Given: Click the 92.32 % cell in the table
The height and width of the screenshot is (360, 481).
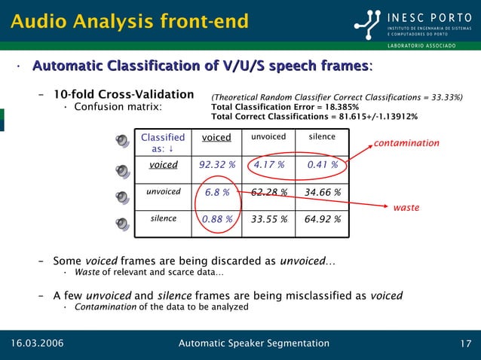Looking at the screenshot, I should click(217, 165).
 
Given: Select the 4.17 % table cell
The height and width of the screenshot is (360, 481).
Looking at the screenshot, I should click(268, 165).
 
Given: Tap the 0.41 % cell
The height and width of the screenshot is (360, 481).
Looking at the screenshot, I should click(323, 165).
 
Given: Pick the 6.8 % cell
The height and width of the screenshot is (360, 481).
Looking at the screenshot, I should click(217, 192).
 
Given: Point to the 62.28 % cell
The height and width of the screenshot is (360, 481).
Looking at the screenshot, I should click(268, 192).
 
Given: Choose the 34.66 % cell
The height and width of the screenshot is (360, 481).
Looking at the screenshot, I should click(323, 192).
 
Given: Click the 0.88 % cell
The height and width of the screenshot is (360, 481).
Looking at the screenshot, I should click(217, 220).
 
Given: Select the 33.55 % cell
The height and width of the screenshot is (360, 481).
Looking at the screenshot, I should click(268, 220).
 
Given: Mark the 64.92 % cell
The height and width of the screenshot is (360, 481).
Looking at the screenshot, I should click(323, 220).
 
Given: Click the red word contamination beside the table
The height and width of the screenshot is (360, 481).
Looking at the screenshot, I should click(407, 143).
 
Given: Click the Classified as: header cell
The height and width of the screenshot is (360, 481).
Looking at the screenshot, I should click(163, 143).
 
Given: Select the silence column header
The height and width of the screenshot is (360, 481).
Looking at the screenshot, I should click(323, 137).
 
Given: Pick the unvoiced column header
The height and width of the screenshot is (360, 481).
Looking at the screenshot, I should click(268, 137).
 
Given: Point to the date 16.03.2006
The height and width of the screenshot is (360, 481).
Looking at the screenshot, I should click(36, 344).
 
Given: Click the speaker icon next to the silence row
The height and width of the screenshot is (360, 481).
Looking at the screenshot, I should click(123, 223).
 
